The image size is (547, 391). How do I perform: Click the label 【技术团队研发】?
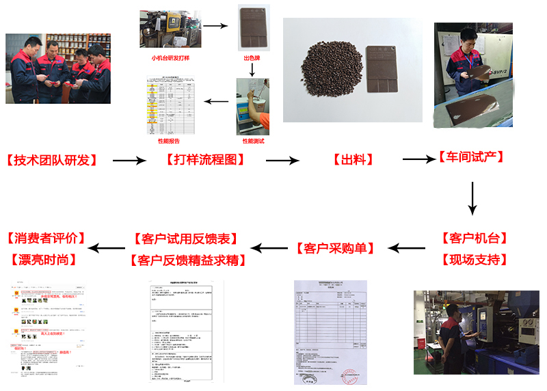(51, 161)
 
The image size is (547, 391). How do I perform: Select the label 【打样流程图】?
(205, 160)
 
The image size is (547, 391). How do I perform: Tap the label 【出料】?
(353, 160)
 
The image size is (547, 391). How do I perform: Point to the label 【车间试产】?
(471, 157)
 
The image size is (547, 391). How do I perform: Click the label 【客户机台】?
(475, 239)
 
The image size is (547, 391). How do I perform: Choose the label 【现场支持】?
(475, 260)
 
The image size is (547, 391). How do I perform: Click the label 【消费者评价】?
(46, 239)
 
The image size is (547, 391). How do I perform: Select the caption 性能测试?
(253, 141)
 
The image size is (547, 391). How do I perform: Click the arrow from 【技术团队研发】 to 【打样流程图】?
(129, 161)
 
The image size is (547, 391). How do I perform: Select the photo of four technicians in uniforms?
(58, 68)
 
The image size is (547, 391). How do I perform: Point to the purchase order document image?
(330, 332)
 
